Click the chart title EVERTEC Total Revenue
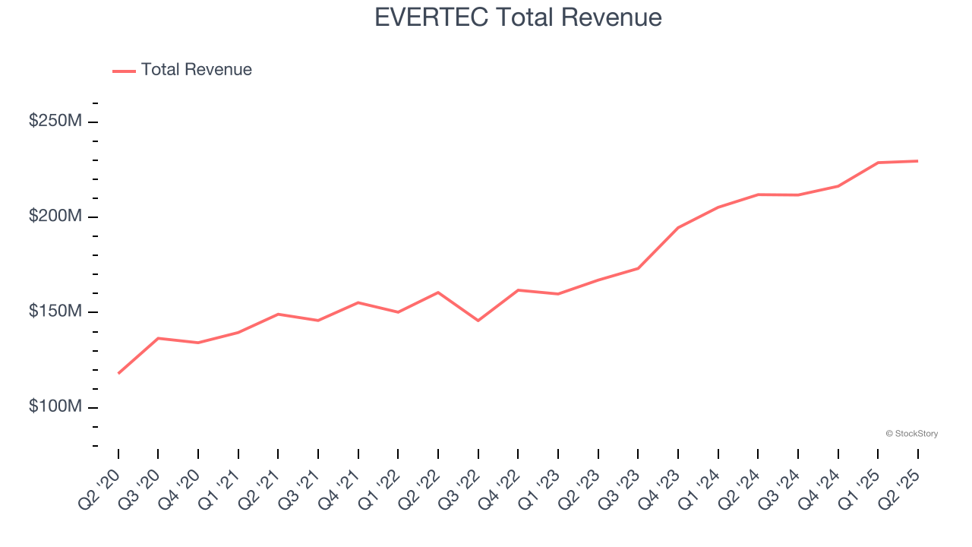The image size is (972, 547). coord(518,17)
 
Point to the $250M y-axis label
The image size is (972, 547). coord(55,121)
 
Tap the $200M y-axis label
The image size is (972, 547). coord(55,217)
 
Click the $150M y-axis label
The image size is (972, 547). coord(55,311)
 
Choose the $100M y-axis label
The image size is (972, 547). coord(55,406)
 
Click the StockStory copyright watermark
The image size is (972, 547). coord(912,434)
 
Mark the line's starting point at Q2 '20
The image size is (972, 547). coord(118,373)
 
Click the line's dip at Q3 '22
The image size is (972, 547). coord(478,321)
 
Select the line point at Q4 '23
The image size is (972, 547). coord(678,227)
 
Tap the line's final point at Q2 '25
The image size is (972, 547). coord(918,161)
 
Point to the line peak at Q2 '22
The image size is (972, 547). coord(438,292)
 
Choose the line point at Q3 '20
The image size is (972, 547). coord(158,338)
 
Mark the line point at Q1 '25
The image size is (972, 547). coord(878,163)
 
